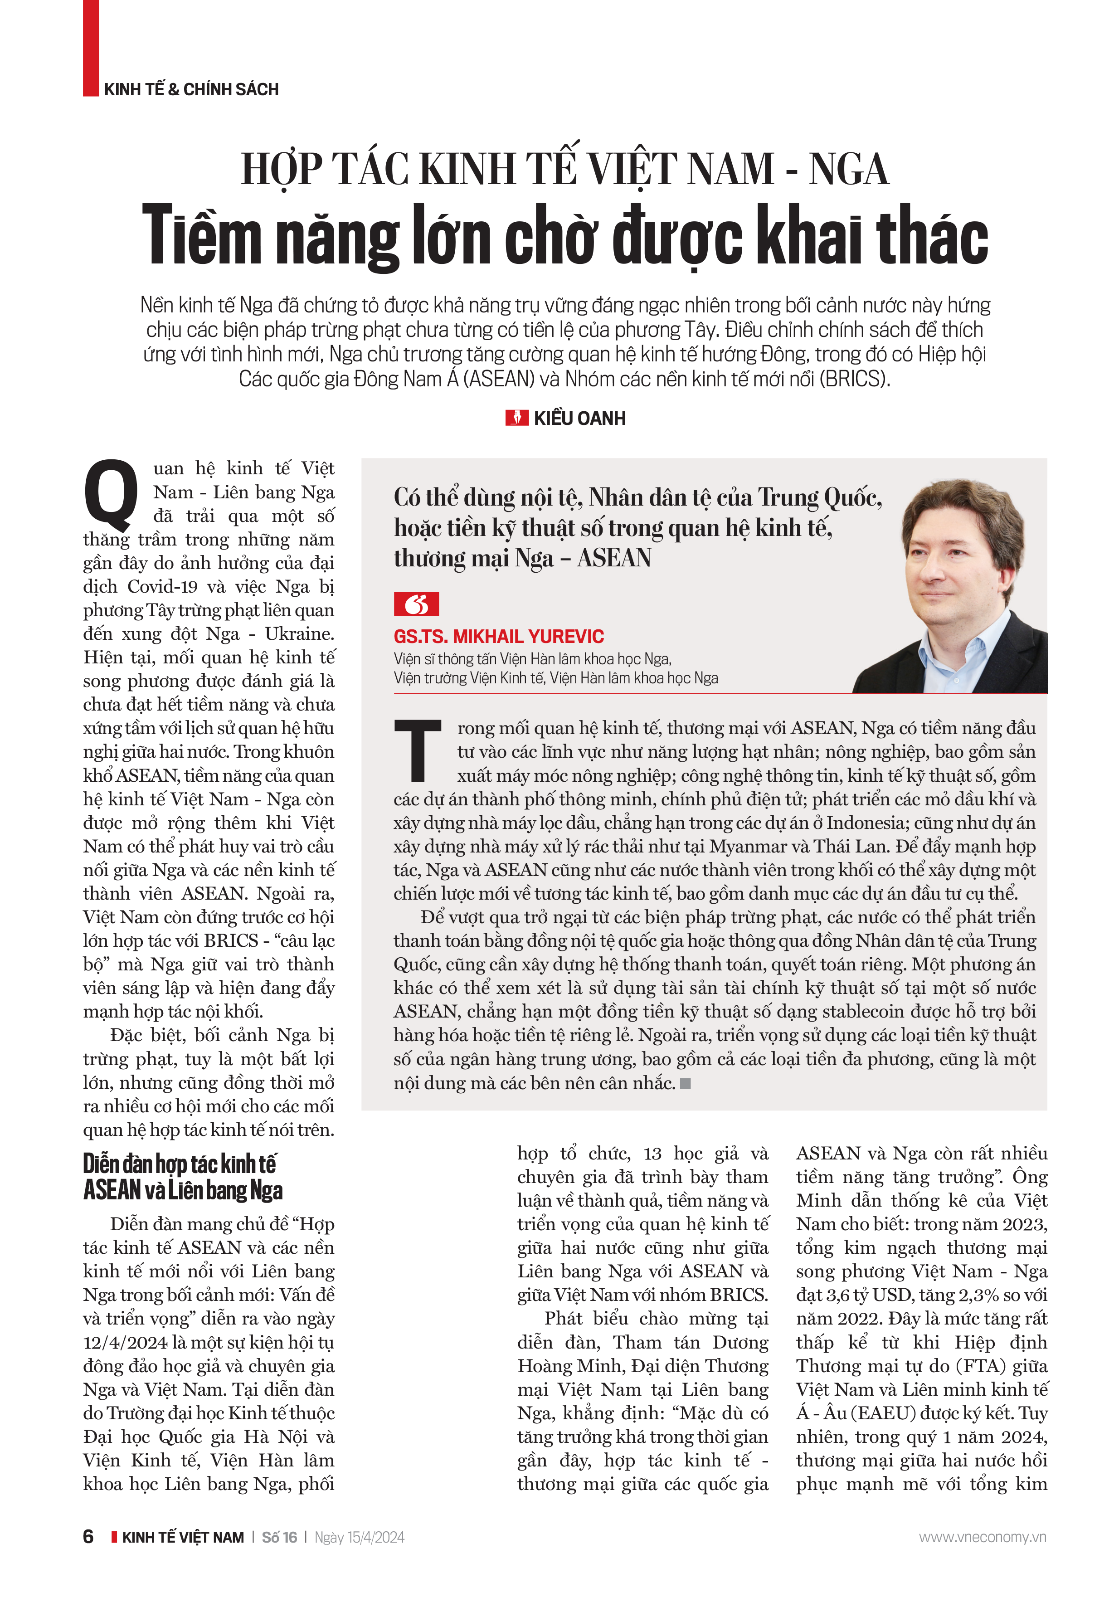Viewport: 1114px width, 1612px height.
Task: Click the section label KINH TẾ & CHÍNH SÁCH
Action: (x=191, y=89)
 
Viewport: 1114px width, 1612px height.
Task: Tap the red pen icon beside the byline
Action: (x=516, y=418)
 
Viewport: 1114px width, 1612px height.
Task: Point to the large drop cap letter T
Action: (x=418, y=750)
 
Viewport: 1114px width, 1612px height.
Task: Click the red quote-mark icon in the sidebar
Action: (x=416, y=604)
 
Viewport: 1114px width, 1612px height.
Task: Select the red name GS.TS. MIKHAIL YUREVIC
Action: (x=498, y=636)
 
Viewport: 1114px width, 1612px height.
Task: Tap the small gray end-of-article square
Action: (x=686, y=1083)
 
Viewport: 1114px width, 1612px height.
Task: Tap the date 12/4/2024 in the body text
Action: (x=126, y=1342)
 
